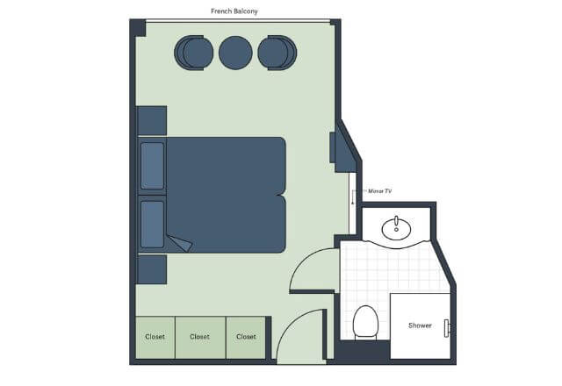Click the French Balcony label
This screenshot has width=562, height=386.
234,11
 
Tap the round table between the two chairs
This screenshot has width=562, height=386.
235,53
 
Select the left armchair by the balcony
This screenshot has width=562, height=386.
194,53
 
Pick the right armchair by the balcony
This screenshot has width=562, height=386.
277,53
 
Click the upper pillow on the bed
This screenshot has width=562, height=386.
152,166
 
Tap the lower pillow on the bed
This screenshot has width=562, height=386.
152,225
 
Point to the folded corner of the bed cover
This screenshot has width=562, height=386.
181,244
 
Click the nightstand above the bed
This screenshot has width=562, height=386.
152,121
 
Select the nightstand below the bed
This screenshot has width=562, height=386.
152,269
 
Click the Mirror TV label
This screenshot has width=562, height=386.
380,191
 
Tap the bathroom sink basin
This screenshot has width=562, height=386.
396,228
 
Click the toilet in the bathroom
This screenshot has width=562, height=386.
365,322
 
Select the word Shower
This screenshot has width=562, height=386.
420,325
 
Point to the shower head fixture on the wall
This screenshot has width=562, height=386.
447,328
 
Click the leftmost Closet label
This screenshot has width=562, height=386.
155,337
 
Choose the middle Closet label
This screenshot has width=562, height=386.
199,337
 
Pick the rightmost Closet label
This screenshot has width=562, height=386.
246,337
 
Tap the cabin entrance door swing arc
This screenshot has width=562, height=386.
287,324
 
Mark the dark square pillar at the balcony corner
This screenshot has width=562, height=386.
138,28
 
